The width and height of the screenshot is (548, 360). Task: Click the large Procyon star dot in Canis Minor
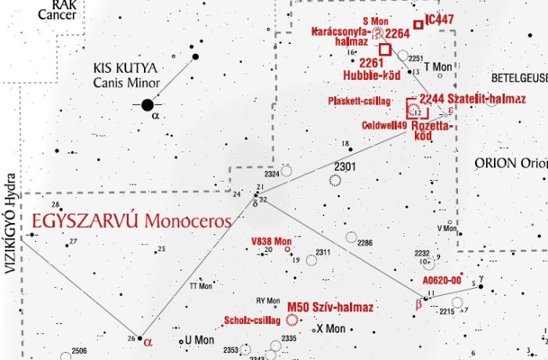point(147,104)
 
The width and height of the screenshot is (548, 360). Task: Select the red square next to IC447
point(419,25)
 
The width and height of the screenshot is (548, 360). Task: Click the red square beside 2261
point(384,48)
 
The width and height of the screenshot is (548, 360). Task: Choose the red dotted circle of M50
point(293,319)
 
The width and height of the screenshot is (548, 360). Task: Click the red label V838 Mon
point(270,239)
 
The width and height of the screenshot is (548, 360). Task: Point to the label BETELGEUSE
point(518,80)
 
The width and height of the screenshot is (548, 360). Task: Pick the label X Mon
point(330,329)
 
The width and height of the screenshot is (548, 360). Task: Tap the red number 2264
point(398,34)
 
